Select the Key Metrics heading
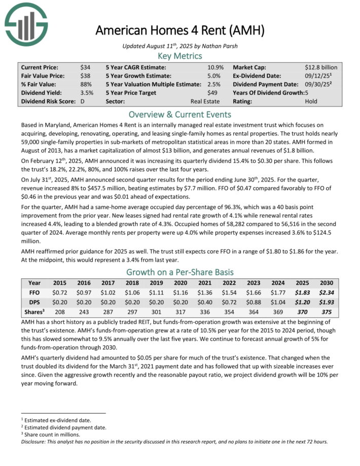pyautogui.click(x=179, y=56)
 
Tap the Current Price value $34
pyautogui.click(x=85, y=67)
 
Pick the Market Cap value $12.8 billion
pyautogui.click(x=320, y=67)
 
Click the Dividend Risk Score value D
pyautogui.click(x=82, y=101)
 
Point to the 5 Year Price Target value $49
pyautogui.click(x=212, y=92)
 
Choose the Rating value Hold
pyautogui.click(x=311, y=101)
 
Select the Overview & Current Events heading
pyautogui.click(x=179, y=114)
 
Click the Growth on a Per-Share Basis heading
pyautogui.click(x=179, y=271)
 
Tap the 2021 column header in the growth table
pyautogui.click(x=204, y=283)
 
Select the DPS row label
pyautogui.click(x=35, y=303)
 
